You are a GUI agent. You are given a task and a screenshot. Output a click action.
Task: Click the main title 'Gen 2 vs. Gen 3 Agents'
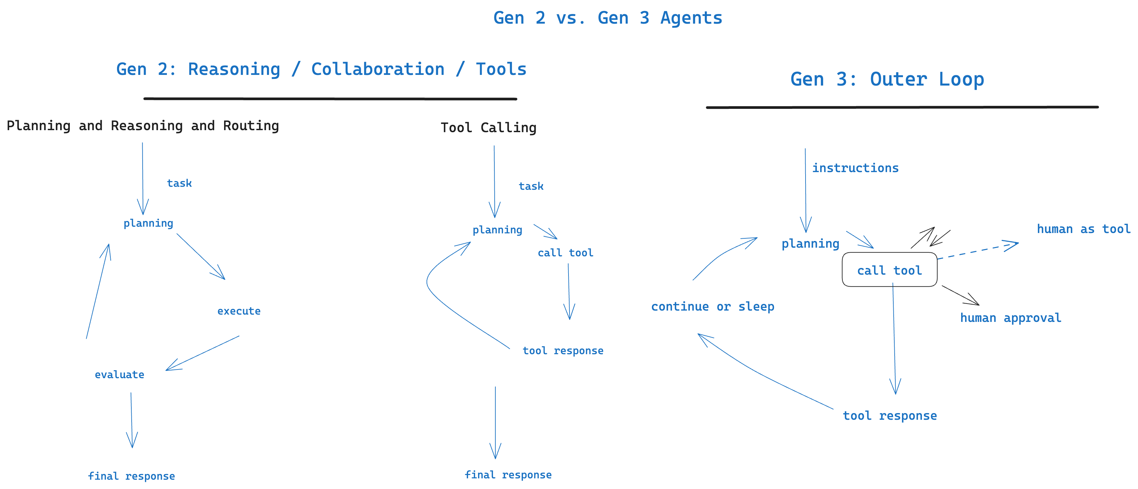(x=607, y=18)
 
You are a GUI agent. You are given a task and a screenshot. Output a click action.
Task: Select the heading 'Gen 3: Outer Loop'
(x=887, y=80)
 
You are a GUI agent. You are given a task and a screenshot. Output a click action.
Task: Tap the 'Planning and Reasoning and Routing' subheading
(x=143, y=126)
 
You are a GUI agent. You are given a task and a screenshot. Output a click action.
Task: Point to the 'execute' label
(x=239, y=311)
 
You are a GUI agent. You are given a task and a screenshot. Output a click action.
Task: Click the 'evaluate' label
(x=119, y=375)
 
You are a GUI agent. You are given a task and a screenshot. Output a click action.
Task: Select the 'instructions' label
(x=855, y=168)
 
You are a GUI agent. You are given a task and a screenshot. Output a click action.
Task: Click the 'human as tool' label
(x=1083, y=229)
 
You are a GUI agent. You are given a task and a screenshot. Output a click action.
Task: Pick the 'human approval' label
(x=1010, y=318)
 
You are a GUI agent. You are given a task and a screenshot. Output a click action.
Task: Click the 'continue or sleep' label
(x=712, y=307)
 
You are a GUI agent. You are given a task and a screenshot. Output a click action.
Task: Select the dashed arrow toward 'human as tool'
(x=976, y=251)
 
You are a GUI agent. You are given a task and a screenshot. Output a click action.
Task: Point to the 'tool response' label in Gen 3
(x=890, y=416)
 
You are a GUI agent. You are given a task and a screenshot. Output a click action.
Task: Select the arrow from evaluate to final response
(x=132, y=420)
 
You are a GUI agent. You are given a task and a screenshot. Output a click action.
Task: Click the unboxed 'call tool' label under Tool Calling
(x=565, y=253)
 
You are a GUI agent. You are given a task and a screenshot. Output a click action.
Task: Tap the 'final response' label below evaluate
(x=131, y=476)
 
